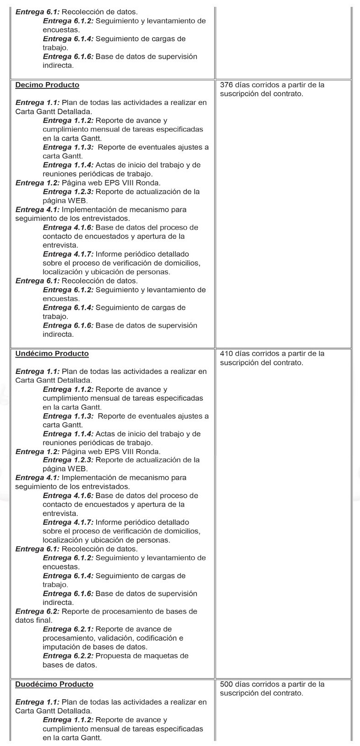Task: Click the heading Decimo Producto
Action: tap(47, 85)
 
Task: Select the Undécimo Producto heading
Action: tap(52, 353)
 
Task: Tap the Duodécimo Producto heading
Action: tap(54, 684)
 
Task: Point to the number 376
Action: tap(226, 85)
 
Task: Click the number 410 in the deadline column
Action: tap(226, 353)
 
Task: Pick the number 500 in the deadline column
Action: tap(226, 684)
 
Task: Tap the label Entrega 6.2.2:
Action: tap(68, 656)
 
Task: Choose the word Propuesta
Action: tap(113, 656)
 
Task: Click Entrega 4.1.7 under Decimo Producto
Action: tap(68, 254)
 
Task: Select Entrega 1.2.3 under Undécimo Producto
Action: tap(68, 460)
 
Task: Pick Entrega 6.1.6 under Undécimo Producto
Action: tap(68, 593)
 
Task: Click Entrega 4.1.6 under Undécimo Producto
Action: tap(68, 495)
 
